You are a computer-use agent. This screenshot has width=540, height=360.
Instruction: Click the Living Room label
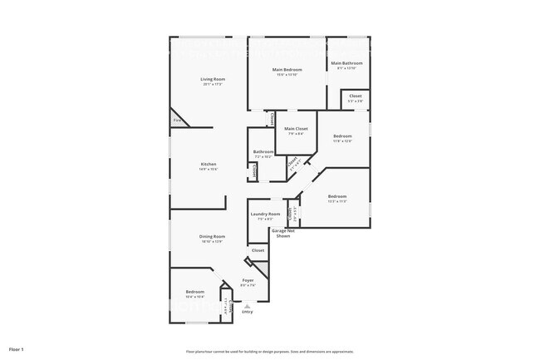213,79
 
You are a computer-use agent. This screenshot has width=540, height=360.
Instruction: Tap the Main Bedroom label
287,69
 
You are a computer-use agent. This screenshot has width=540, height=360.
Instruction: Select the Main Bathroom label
347,63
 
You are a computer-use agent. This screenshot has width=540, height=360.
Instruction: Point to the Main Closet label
296,129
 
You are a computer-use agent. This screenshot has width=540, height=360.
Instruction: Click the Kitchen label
209,164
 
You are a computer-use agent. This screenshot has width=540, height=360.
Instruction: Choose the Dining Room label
212,237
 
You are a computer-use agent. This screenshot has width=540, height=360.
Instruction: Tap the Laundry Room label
265,214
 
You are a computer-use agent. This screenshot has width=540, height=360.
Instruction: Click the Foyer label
248,280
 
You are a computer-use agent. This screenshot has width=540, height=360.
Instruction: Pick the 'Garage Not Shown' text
283,234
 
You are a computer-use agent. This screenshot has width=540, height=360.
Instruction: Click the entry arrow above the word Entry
248,306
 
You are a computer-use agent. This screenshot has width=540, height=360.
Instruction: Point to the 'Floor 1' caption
17,348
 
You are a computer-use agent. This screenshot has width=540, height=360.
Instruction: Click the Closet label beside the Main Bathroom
356,96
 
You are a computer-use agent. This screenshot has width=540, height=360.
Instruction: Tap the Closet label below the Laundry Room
258,250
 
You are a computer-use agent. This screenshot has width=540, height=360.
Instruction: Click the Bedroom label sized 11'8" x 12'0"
343,136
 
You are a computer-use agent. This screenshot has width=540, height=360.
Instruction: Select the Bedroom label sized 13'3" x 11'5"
337,196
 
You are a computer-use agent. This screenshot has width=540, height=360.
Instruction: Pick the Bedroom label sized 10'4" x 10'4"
194,292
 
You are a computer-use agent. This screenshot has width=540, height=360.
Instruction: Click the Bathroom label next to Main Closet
264,151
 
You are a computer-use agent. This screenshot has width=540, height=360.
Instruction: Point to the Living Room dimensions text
213,85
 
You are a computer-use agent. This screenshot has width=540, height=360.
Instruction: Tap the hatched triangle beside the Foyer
261,269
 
